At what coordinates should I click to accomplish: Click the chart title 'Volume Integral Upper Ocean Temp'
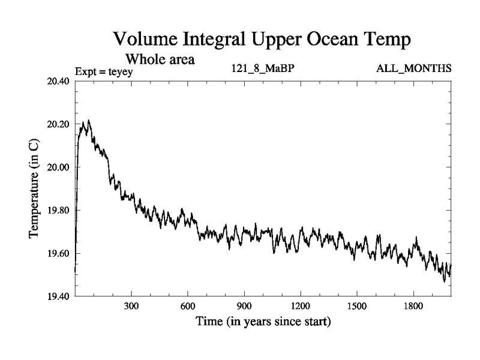(263, 40)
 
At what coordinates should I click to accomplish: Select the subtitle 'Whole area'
(160, 59)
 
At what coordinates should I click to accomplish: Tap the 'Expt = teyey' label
(104, 71)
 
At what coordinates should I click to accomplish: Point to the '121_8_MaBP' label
(262, 68)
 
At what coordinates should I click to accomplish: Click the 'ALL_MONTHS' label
(413, 68)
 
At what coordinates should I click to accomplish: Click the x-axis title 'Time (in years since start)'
(263, 322)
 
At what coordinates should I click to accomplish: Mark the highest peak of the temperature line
(89, 121)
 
